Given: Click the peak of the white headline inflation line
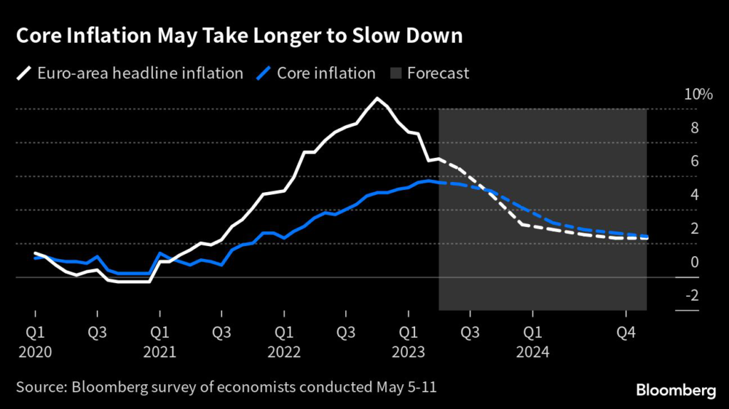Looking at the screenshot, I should point(377,98).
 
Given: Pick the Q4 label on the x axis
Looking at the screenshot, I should point(626,332).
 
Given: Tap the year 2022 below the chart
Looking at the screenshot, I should point(284,352).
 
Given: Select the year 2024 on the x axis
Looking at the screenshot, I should point(533,352).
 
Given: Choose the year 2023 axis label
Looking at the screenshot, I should point(408,352).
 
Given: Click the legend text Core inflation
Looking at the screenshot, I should point(326,73).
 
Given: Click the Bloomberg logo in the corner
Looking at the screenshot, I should point(676,389).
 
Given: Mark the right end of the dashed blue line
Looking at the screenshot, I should point(646,236).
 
